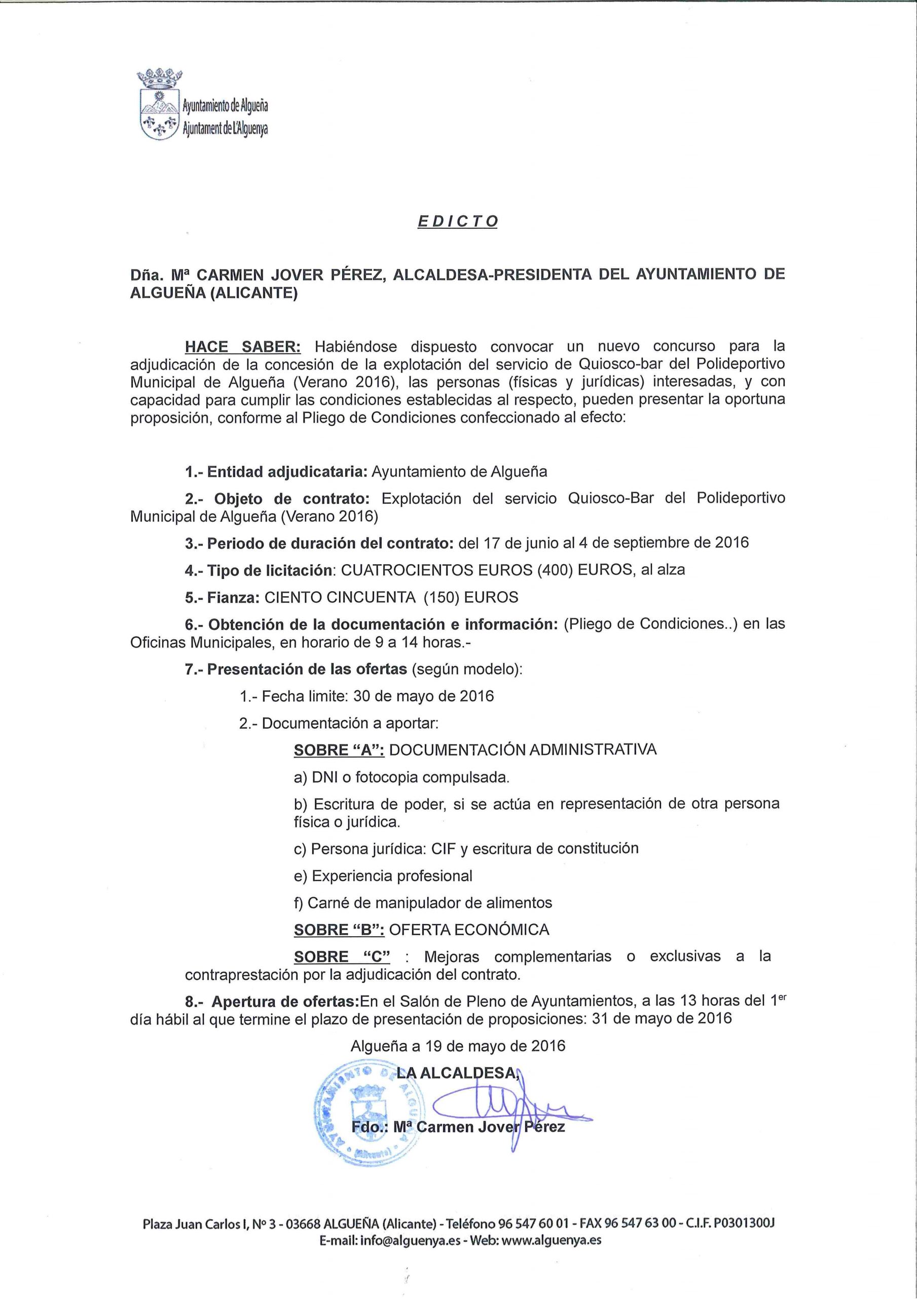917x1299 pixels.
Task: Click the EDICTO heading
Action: [457, 221]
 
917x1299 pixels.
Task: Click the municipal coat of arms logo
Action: [161, 105]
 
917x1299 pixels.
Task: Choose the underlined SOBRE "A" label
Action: [339, 749]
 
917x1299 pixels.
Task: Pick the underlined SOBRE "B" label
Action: [339, 930]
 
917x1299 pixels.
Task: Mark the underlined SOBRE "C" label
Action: [342, 956]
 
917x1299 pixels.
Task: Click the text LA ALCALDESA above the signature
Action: [457, 1072]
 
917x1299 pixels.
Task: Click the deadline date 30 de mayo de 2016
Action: [423, 696]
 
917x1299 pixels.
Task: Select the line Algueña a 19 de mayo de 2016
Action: [458, 1045]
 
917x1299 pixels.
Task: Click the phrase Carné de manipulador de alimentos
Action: [430, 902]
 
